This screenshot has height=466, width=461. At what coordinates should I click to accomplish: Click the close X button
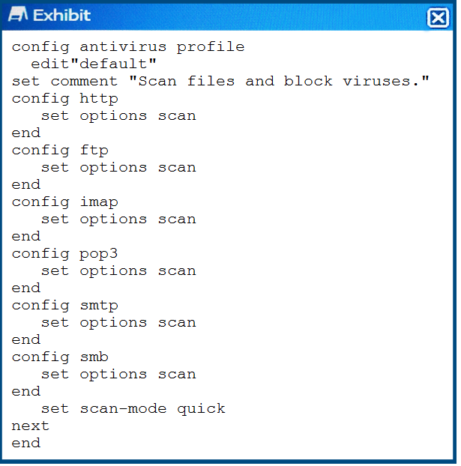tap(438, 18)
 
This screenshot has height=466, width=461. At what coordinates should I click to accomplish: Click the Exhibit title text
tap(61, 15)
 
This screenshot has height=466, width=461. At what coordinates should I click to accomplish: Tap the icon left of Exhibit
tap(18, 14)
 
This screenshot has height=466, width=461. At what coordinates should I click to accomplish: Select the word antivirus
tap(123, 47)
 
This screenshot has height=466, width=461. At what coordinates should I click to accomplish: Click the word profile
tap(211, 47)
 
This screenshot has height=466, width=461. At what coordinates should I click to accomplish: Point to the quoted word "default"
tap(114, 64)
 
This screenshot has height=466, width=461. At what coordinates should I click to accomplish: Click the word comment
tap(84, 82)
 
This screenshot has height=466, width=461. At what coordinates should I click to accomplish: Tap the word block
tap(308, 81)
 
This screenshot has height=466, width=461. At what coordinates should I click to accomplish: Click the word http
tap(99, 99)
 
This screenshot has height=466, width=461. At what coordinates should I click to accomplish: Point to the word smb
tap(94, 357)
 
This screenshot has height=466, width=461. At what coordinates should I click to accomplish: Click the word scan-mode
tap(123, 409)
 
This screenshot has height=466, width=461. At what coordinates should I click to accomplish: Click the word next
tap(30, 426)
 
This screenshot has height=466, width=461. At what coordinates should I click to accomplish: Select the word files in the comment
tap(211, 81)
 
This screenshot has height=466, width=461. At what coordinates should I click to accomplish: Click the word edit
tap(50, 64)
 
